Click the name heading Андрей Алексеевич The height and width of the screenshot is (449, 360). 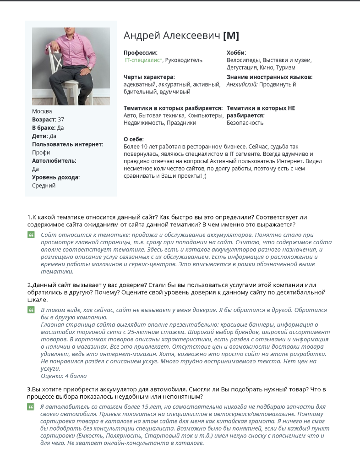(x=172, y=36)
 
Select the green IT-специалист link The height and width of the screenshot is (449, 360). (x=143, y=60)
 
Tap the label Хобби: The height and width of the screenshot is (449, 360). (x=236, y=53)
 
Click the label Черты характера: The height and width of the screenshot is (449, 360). (x=149, y=77)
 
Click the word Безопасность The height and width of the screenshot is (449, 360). (x=245, y=123)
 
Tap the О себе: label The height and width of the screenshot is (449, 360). (x=134, y=139)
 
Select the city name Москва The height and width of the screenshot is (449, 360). (x=42, y=111)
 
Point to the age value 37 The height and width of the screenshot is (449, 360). (x=61, y=120)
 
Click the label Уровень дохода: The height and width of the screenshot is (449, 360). (x=56, y=177)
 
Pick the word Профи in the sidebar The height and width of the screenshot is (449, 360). (x=41, y=153)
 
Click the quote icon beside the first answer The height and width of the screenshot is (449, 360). (x=31, y=235)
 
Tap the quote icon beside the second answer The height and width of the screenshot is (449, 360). (x=31, y=310)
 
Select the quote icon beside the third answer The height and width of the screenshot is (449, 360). (x=31, y=406)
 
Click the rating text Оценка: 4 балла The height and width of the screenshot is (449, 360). (x=64, y=376)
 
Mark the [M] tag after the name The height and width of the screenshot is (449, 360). (x=231, y=36)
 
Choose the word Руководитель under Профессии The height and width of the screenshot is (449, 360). (x=184, y=60)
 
